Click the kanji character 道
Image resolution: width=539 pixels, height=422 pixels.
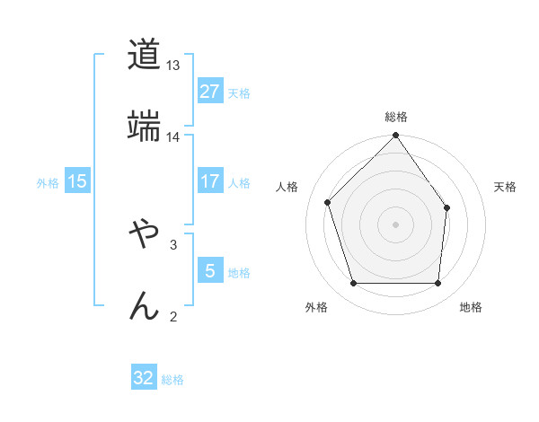coord(144,55)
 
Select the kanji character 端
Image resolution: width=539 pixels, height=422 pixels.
coord(144,126)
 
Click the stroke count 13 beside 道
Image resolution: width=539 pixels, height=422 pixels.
coord(173,66)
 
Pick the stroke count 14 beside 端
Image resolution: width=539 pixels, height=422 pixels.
coord(173,137)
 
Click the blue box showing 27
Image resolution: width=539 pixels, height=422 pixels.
coord(209,92)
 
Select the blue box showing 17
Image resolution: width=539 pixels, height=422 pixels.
coord(209,181)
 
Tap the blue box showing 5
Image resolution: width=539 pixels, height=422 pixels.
coord(209,270)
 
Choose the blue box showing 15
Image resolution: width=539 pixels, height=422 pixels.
coord(77,181)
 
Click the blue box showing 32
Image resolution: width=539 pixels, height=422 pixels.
coord(144,378)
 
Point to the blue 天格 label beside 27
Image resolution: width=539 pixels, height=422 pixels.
coord(239,92)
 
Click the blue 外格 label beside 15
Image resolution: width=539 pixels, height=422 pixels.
coord(48,182)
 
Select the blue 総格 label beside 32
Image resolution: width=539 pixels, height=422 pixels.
coord(172,379)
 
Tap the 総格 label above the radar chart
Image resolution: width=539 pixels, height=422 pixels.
coord(396,118)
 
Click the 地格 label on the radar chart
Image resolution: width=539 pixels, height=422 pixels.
coord(471,308)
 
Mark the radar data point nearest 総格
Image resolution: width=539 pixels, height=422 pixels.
coord(396,136)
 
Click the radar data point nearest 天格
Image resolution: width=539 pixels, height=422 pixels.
coord(447,207)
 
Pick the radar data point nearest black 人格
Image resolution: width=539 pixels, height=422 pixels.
coord(329,202)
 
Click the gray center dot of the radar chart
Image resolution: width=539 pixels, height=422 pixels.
coord(396,224)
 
